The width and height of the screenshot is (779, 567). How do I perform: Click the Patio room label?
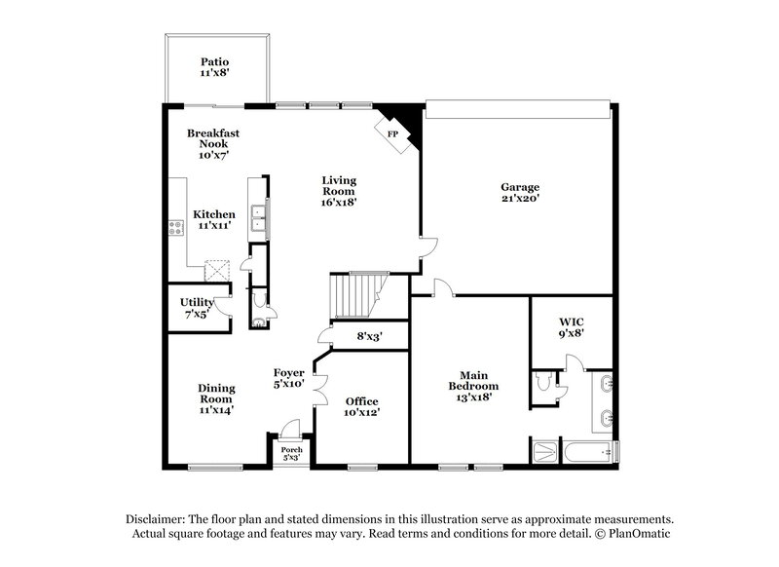[x=214, y=60]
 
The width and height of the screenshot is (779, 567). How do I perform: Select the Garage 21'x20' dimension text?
[x=520, y=199]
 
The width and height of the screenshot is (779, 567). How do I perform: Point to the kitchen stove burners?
[x=176, y=230]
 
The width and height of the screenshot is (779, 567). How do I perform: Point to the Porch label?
[x=292, y=449]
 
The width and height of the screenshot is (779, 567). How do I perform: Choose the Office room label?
[x=361, y=401]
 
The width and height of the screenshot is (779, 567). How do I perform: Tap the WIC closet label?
[x=570, y=321]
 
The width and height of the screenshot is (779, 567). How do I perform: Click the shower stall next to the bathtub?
[x=543, y=451]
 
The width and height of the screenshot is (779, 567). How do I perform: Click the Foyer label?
[x=289, y=372]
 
